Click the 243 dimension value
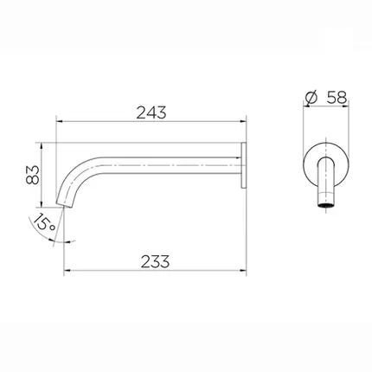[151, 112]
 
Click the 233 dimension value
[155, 261]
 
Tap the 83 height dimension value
[32, 175]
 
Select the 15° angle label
[43, 222]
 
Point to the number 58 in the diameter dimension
[337, 98]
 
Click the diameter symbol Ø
[311, 98]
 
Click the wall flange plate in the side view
[243, 165]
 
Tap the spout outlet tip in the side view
[64, 204]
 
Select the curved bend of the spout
[75, 175]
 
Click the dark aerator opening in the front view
[326, 206]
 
